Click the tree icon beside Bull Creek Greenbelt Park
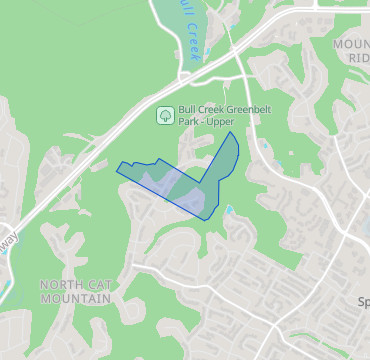click(164, 115)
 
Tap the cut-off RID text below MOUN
click(358, 59)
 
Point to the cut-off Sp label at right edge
click(363, 300)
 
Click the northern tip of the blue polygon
click(233, 132)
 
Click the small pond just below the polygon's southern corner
click(229, 211)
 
